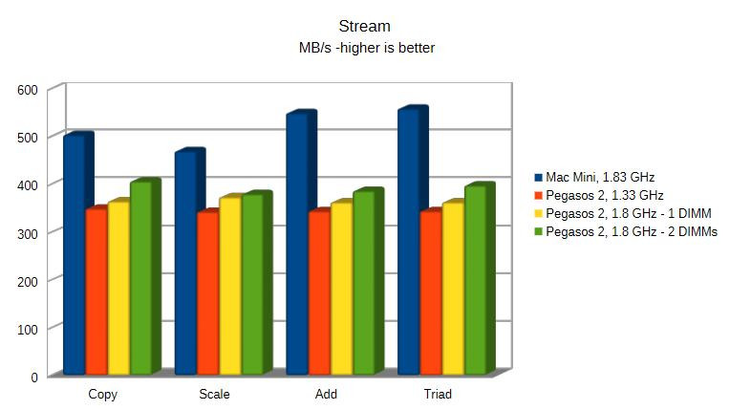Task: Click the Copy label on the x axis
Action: (103, 394)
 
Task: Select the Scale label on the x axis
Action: (214, 394)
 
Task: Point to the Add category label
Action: (325, 394)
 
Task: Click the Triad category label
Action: (437, 394)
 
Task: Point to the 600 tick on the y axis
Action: (27, 90)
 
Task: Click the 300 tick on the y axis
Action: (27, 233)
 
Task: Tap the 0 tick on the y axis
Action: (33, 377)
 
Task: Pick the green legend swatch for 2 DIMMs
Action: (538, 231)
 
